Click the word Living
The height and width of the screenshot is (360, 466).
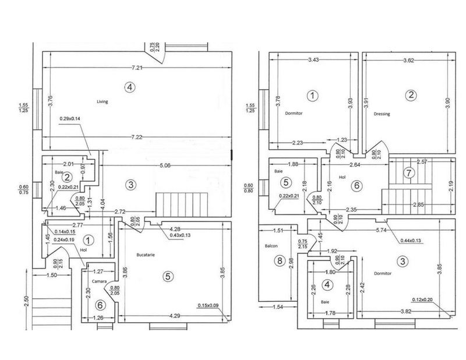pos(103,101)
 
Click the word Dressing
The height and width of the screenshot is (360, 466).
pos(382,114)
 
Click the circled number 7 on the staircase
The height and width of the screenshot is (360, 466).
pos(409,173)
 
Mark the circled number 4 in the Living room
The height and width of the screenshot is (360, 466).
pos(130,87)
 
